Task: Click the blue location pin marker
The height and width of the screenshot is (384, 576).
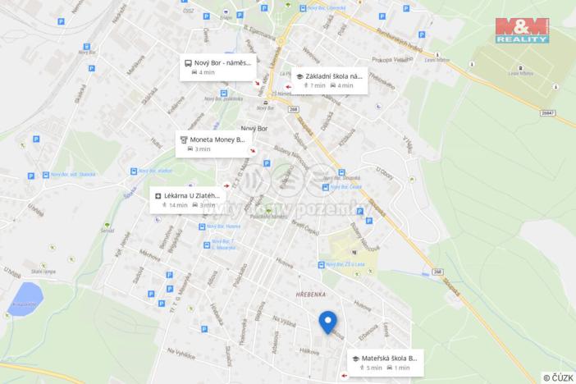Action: coord(328,322)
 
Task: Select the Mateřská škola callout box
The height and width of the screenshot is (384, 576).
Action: coord(384,363)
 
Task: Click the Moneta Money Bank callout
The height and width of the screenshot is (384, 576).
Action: coord(212,144)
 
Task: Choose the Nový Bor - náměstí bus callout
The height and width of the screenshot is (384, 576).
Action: coord(217,67)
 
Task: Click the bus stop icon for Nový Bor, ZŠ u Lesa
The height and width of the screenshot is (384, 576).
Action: coord(321,264)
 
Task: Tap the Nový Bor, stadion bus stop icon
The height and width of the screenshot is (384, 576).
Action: coord(132,171)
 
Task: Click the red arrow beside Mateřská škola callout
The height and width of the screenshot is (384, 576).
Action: coord(342,377)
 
